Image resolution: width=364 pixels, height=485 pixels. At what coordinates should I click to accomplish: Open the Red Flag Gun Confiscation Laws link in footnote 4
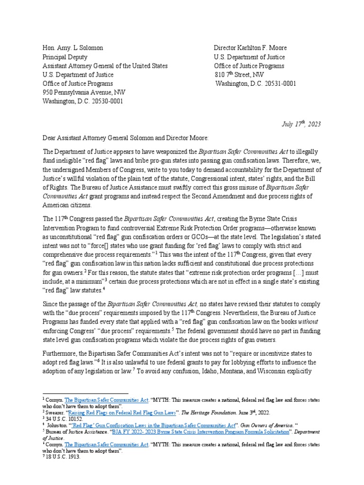pos(152,425)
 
